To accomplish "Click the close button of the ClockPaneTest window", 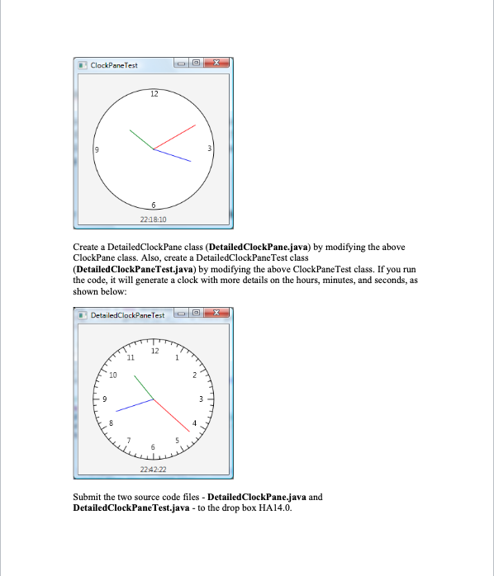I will point(217,64).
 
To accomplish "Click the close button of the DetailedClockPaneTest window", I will point(217,314).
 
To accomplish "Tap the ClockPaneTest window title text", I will point(114,65).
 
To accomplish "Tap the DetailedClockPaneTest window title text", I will point(127,315).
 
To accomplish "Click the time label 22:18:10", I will point(153,220).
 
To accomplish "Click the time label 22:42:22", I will point(153,470).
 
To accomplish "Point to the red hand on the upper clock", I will point(175,136).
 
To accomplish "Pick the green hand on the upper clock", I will point(140,139).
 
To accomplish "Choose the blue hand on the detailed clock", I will point(135,405).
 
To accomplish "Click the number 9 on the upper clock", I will point(97,149).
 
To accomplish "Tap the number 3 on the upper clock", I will point(209,149).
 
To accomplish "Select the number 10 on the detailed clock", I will point(112,375).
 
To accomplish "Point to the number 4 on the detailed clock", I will point(194,423).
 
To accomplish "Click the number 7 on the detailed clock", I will point(128,439).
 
